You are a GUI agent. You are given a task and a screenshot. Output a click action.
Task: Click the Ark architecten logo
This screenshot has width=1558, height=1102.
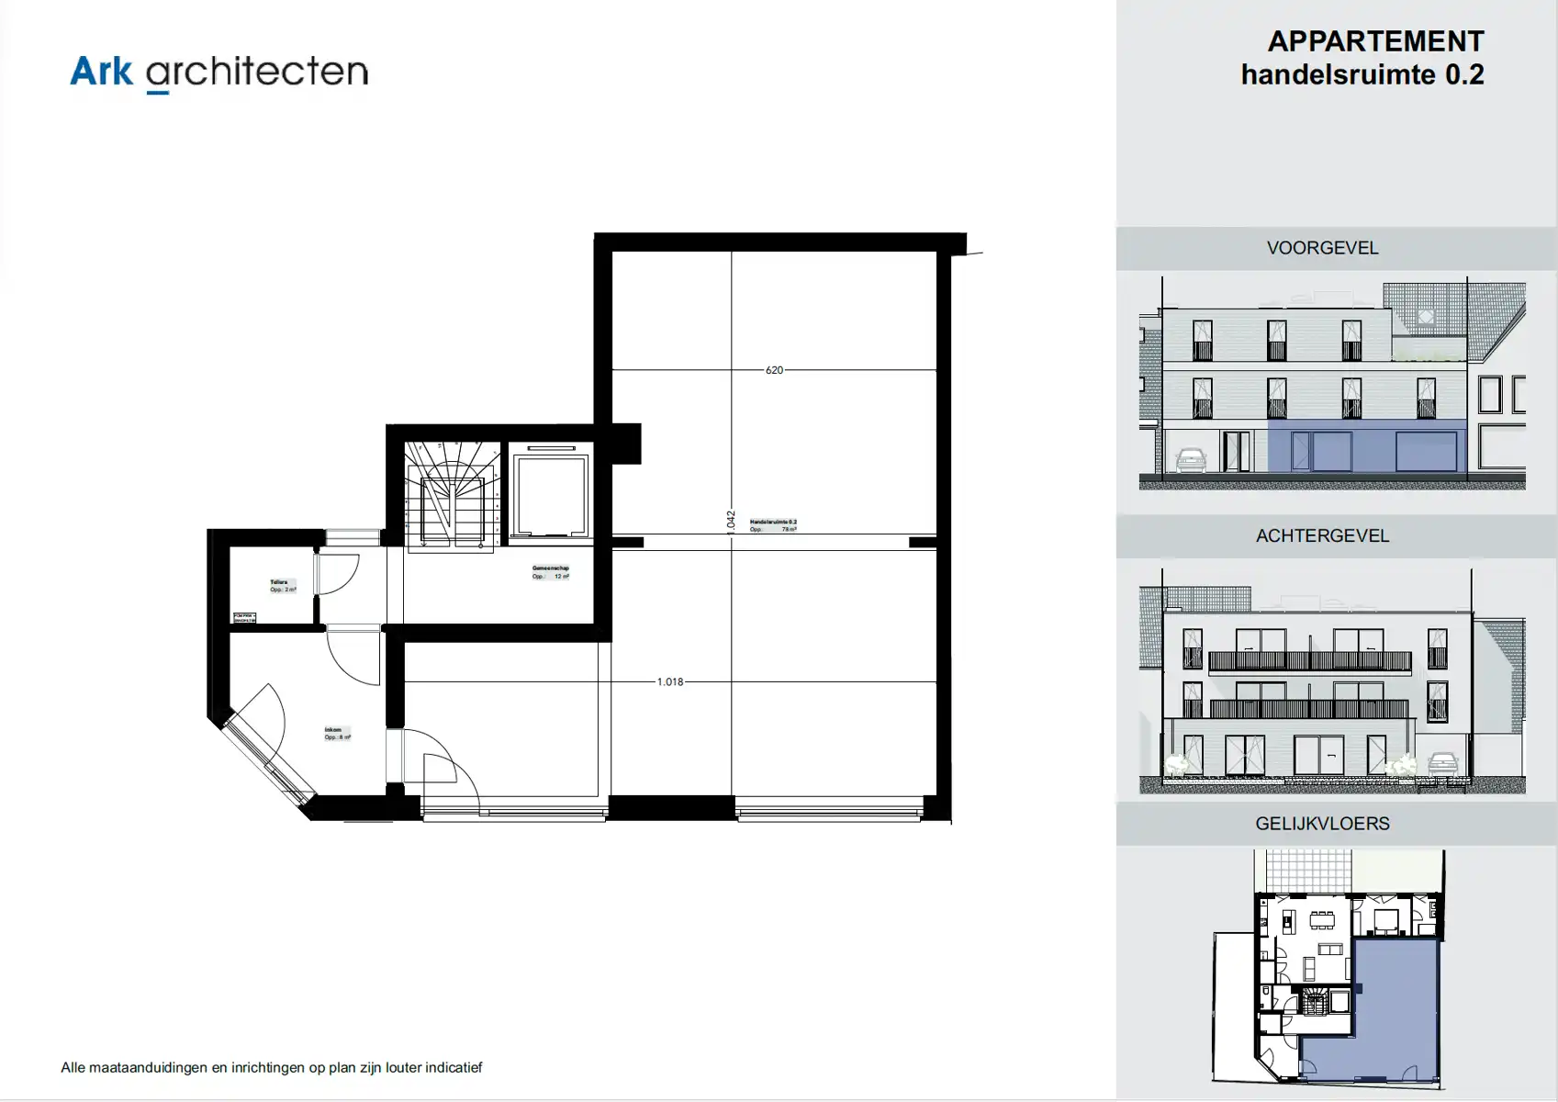[x=219, y=72]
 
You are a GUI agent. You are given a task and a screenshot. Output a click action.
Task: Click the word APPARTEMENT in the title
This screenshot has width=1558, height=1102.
[x=1375, y=41]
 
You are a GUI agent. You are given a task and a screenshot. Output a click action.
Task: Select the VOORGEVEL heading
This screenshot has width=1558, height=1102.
[x=1322, y=248]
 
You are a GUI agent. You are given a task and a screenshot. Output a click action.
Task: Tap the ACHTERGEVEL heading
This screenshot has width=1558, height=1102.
[x=1322, y=536]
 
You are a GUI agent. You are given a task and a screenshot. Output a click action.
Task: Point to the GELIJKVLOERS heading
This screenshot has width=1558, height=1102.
[x=1322, y=824]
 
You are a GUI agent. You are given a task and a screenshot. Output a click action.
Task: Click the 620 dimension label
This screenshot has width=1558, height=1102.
[x=774, y=370]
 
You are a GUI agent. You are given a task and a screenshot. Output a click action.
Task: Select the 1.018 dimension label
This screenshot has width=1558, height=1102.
[x=670, y=682]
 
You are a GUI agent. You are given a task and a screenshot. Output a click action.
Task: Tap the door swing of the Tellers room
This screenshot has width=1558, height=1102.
[x=337, y=574]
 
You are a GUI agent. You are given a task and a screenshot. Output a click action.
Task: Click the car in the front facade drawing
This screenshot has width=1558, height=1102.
[x=1190, y=459]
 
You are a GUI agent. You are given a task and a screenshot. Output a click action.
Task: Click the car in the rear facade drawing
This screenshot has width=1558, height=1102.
[x=1442, y=762]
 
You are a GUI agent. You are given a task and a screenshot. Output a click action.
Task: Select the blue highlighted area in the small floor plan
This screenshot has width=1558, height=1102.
[x=1395, y=1010]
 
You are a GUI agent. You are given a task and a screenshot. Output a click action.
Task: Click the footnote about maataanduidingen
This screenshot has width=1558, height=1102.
[x=272, y=1067]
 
